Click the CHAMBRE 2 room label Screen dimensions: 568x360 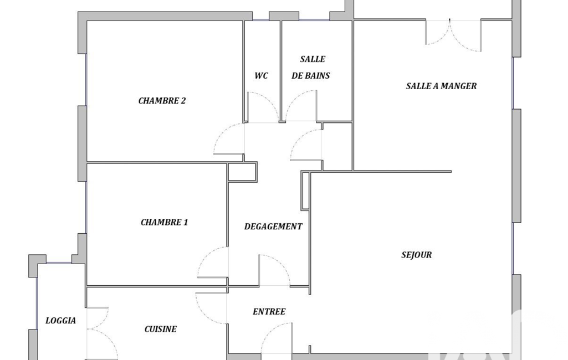[162, 101]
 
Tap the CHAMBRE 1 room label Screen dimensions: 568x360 [165, 223]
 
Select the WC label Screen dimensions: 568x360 [261, 76]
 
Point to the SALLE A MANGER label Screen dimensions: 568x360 [441, 86]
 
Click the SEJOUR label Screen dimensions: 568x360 [417, 255]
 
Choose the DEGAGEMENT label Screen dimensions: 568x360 [273, 227]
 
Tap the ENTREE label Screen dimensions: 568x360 [269, 312]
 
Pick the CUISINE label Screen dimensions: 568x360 [161, 329]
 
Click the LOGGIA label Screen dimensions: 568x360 [60, 321]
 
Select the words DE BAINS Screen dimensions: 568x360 [311, 76]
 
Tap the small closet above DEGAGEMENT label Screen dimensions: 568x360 [242, 172]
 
